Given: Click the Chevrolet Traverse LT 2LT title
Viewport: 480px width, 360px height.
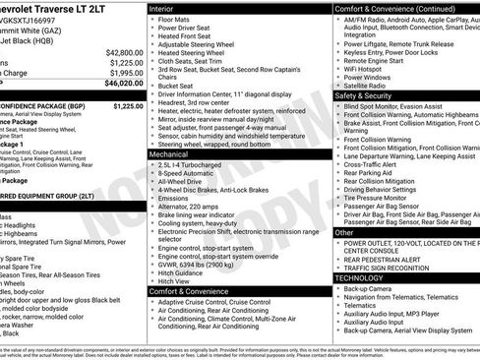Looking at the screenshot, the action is pos(59,8).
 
